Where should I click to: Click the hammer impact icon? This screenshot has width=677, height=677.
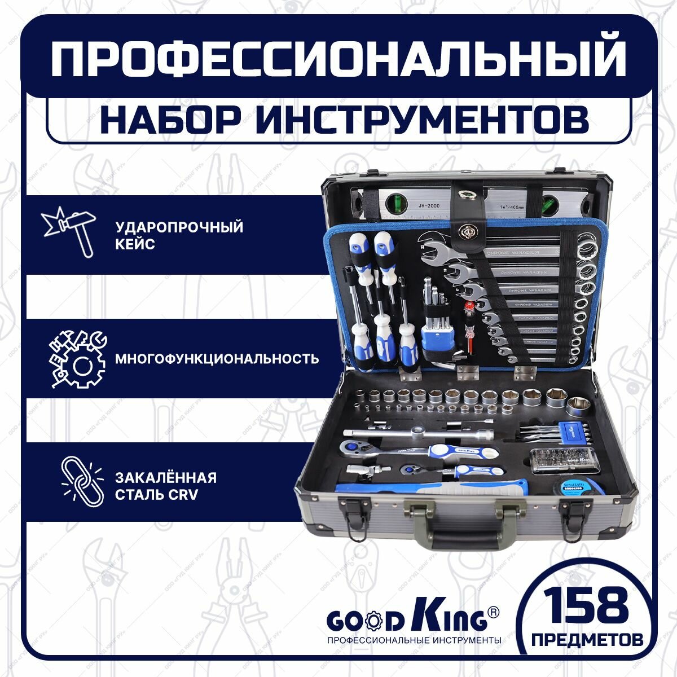point(68,232)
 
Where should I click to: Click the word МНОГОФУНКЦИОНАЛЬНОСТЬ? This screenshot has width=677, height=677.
point(217,359)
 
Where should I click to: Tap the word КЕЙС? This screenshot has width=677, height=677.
point(135,245)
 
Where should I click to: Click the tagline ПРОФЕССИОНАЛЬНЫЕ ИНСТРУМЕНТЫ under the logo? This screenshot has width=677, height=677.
point(414,640)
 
